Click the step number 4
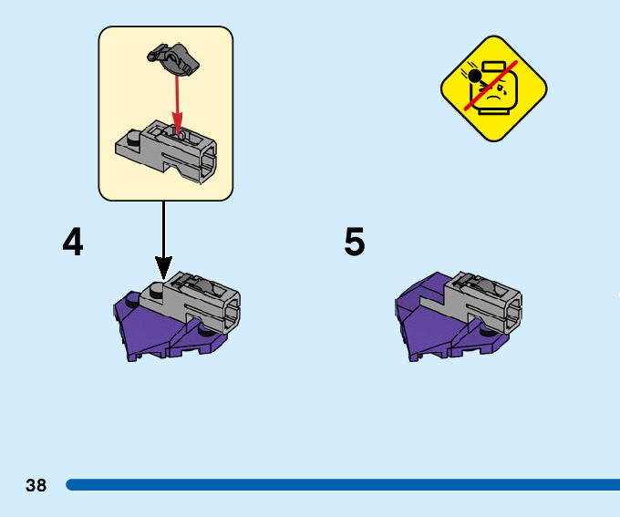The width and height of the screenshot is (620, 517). coord(73,242)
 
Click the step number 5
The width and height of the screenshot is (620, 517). coord(355,242)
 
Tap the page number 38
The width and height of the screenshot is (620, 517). coord(36,485)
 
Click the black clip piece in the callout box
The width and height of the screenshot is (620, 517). coord(173,58)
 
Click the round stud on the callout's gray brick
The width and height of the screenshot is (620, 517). coord(134,140)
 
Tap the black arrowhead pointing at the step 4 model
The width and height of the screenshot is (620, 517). coord(163,267)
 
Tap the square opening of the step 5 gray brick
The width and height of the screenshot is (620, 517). coord(511,315)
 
